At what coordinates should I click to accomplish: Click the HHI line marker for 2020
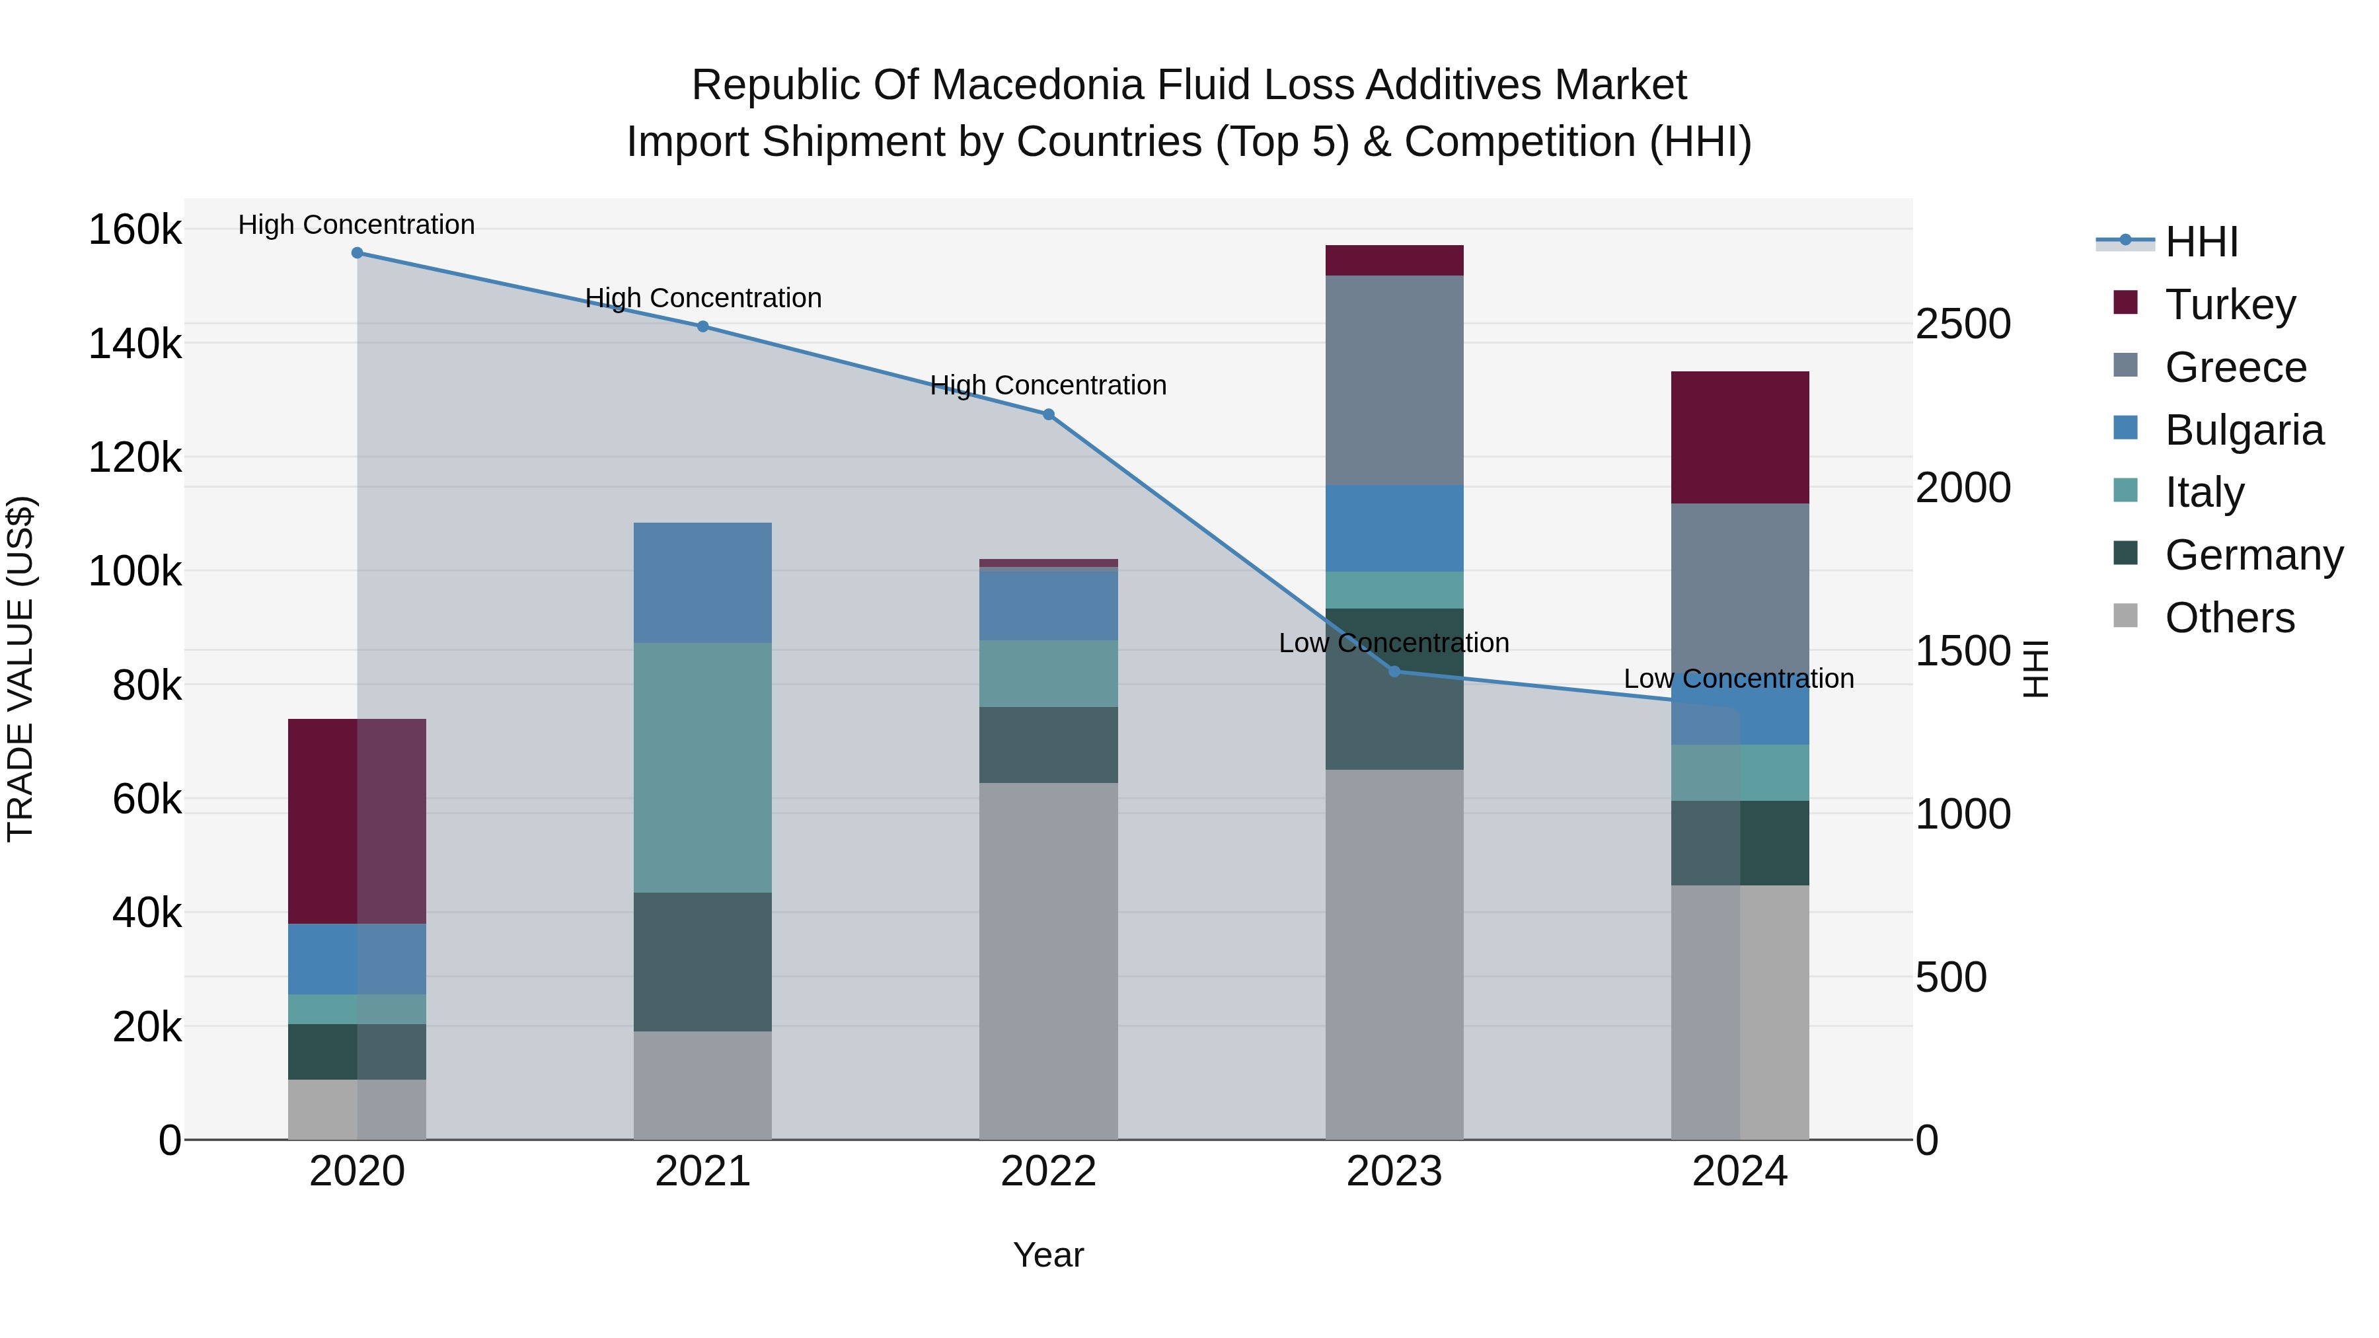coord(358,253)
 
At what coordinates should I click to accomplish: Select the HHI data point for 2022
coord(1048,414)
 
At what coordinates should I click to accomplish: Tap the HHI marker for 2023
coord(1394,671)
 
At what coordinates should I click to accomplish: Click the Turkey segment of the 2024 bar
coord(1740,437)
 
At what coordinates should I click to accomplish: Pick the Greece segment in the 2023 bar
coord(1394,381)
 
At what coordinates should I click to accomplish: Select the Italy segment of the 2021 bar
coord(703,767)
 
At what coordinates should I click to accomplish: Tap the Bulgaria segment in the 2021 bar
coord(703,583)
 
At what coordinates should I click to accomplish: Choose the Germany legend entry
coord(2253,555)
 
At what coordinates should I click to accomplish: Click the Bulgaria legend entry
coord(2244,430)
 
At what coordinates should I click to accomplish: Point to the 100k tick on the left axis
coord(135,572)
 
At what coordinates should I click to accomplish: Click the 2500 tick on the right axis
coord(1963,324)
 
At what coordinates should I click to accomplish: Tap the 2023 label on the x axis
coord(1394,1171)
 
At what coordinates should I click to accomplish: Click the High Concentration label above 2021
coord(703,298)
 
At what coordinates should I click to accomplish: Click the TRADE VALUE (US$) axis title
coord(20,669)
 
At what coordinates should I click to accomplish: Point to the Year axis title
coord(1048,1255)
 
